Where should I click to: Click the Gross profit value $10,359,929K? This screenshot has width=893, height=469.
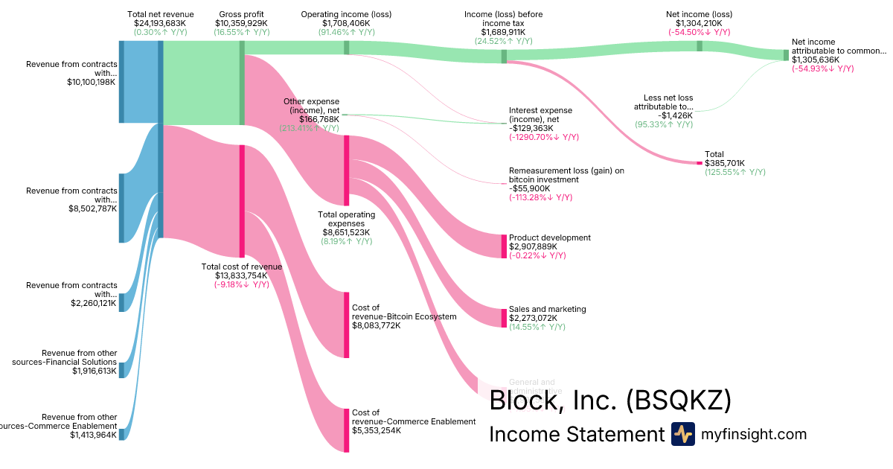pos(241,24)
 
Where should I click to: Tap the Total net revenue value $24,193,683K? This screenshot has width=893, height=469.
pos(161,24)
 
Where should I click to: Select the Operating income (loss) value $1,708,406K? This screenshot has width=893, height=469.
pos(346,24)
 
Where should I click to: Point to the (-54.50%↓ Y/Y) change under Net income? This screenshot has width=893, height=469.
pos(699,33)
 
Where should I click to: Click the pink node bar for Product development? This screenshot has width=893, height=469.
pos(504,246)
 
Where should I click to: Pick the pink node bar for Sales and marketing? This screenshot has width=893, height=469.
pos(504,318)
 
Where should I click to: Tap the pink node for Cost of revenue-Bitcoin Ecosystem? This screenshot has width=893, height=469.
pos(346,325)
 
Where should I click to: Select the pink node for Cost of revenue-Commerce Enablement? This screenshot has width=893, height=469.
pos(346,430)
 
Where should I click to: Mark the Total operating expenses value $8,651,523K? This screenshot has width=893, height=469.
pos(346,232)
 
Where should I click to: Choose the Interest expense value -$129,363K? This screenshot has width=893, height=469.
pos(536,128)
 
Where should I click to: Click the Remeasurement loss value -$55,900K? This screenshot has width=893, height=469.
pos(536,188)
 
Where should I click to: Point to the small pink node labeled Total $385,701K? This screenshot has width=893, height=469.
pos(699,163)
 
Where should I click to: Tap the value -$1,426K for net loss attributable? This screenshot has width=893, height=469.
pos(676,115)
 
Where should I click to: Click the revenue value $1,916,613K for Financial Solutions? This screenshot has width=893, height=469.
pos(95,371)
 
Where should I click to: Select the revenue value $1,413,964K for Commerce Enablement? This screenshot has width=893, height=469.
pos(94,435)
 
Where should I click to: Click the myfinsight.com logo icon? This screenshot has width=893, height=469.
pos(682,434)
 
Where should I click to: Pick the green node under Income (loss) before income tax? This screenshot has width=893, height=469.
pos(504,56)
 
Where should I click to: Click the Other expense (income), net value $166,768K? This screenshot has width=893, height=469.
pos(319,119)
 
